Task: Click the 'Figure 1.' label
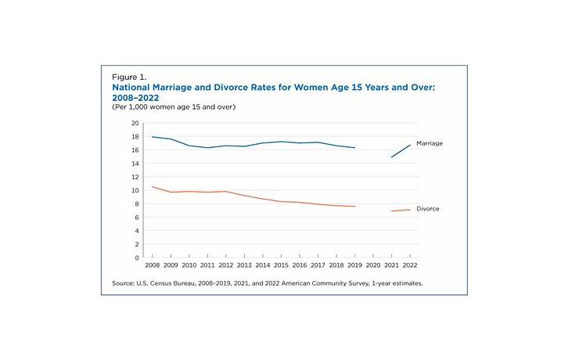tap(129, 77)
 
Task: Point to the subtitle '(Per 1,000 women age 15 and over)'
tap(174, 107)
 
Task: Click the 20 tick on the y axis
tap(134, 124)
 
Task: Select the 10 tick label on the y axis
tap(134, 190)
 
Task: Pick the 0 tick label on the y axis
tap(136, 257)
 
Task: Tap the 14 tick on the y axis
tap(134, 164)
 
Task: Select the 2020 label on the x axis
tap(374, 266)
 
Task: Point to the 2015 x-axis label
tap(282, 266)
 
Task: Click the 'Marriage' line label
tap(430, 143)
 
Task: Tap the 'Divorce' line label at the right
tap(428, 209)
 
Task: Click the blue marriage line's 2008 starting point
tap(152, 137)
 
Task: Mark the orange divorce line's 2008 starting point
tap(152, 186)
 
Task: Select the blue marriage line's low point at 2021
tap(392, 157)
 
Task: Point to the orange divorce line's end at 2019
tap(355, 207)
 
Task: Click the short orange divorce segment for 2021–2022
tap(401, 211)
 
